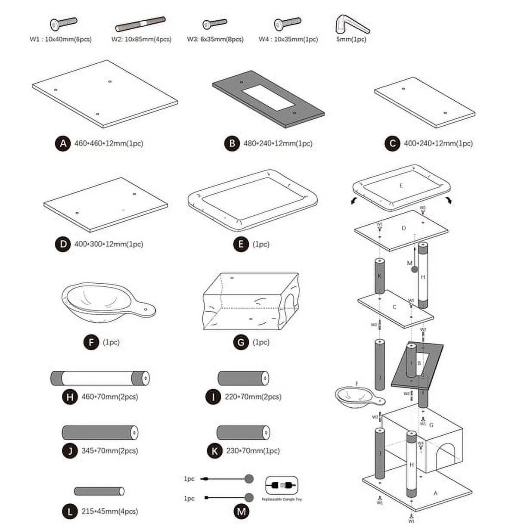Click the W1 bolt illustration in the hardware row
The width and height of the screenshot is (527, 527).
63,24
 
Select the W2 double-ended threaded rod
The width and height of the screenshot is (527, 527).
140,24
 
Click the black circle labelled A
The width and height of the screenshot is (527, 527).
63,143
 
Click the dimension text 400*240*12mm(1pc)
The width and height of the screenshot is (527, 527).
438,143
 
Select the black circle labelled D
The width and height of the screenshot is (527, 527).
63,244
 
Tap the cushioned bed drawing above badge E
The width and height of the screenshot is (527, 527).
252,199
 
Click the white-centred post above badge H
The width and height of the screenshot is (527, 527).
100,378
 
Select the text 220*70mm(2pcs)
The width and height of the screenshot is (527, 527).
253,397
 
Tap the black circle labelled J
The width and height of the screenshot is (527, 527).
70,451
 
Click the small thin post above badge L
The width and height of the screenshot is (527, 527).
99,491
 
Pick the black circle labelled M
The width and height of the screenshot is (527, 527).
241,512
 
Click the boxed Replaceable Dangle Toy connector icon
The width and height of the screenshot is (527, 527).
282,485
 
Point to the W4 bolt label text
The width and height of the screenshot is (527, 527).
288,39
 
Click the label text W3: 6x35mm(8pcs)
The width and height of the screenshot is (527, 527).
215,39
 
